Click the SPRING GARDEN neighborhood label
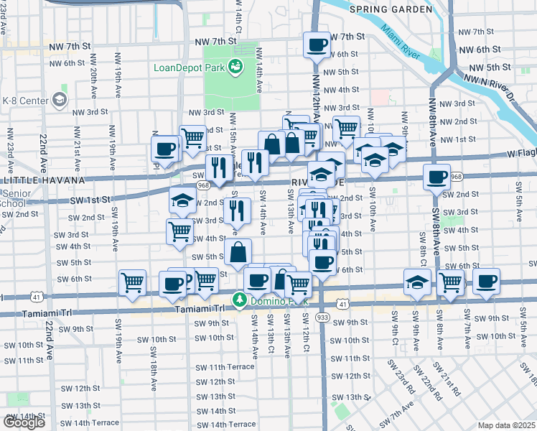point(391,10)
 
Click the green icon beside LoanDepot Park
point(235,68)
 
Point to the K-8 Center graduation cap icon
point(60,98)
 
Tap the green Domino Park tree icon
point(239,300)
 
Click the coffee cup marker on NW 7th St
point(317,45)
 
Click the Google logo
point(24,422)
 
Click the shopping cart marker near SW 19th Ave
point(133,282)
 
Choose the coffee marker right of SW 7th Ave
point(487,281)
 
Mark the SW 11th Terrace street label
point(224,366)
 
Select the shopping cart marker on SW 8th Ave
point(451,282)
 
